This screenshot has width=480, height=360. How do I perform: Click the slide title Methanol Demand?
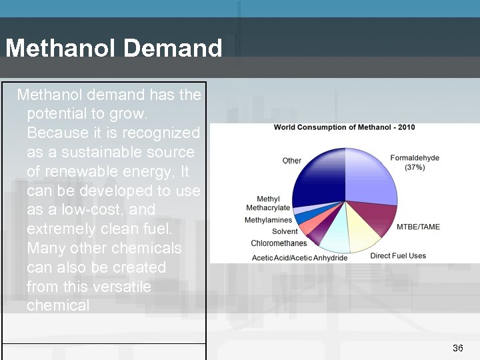pyautogui.click(x=113, y=48)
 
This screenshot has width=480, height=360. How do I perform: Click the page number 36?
pyautogui.click(x=457, y=348)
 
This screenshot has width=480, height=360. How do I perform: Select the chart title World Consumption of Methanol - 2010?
pyautogui.click(x=344, y=127)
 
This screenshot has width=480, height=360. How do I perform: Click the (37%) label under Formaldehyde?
pyautogui.click(x=415, y=168)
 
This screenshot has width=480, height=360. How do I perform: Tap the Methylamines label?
pyautogui.click(x=268, y=220)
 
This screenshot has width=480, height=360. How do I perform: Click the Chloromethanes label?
pyautogui.click(x=279, y=243)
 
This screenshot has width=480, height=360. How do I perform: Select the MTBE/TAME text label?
pyautogui.click(x=418, y=227)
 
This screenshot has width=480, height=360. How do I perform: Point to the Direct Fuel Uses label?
pyautogui.click(x=398, y=255)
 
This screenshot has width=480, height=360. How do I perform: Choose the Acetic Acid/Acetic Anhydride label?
pyautogui.click(x=299, y=257)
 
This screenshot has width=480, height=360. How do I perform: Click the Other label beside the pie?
pyautogui.click(x=291, y=161)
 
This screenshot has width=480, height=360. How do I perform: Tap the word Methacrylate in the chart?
pyautogui.click(x=268, y=208)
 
